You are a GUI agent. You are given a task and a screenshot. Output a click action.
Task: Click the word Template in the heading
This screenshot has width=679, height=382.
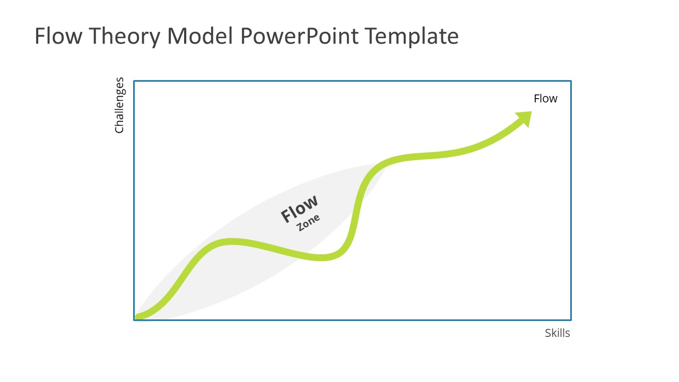point(413,36)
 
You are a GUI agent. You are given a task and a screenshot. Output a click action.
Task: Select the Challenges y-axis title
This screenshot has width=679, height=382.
point(119,105)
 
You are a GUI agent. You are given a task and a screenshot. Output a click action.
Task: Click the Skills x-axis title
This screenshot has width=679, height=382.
point(557,333)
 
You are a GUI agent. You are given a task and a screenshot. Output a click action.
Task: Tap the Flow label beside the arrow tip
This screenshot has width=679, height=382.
point(545,99)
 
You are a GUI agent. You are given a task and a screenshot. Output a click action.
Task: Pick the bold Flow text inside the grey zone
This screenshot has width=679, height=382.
point(299,209)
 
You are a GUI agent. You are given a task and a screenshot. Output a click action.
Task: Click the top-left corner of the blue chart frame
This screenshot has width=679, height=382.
point(134,81)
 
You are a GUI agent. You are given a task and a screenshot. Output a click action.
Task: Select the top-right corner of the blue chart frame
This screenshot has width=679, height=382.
point(571,81)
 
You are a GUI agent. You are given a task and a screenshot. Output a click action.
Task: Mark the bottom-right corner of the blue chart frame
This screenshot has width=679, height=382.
point(571,320)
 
